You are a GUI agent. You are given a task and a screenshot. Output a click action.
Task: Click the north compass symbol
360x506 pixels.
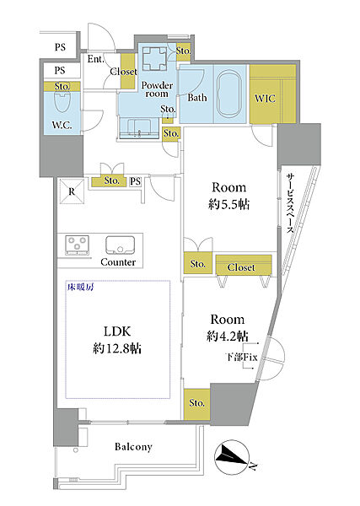[x=232, y=456]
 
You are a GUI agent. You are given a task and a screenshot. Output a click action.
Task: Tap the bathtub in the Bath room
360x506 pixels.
[x=229, y=94]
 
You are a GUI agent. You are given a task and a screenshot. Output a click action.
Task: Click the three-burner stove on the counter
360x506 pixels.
[x=78, y=245]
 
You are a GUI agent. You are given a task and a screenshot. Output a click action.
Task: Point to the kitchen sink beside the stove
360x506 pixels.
[x=120, y=246]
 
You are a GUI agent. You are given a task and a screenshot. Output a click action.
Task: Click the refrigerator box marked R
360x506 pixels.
[x=72, y=191]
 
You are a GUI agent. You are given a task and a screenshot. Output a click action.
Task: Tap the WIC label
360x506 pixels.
[x=266, y=99]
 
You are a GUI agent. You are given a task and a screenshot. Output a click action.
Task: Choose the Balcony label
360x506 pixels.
[x=133, y=447]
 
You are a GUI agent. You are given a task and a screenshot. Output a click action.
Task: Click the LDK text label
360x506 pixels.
[x=117, y=331]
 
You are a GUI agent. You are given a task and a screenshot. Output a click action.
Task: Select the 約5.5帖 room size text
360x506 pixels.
[x=228, y=205]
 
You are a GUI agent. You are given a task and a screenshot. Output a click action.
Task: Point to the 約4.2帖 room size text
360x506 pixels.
[x=228, y=336]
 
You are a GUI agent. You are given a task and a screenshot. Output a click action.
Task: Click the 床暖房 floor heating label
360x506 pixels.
[x=80, y=287]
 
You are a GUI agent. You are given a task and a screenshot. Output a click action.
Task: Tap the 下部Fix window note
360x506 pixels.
[x=241, y=358]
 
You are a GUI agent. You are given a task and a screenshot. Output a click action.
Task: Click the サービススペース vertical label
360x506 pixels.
[x=291, y=203]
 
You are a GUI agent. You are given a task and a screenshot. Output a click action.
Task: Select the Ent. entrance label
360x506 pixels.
[x=96, y=59]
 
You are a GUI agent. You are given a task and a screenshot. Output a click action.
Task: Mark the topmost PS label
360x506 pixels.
[x=60, y=47]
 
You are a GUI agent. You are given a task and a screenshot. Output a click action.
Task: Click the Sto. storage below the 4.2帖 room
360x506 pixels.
[x=196, y=403]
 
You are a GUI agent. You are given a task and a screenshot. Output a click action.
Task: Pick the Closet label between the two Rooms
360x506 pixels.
[x=241, y=267]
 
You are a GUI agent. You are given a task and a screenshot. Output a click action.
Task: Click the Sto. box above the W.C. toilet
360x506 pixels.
[x=62, y=87]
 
